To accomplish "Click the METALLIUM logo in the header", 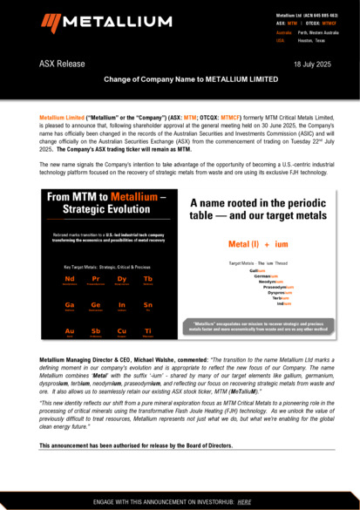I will coord(98,24).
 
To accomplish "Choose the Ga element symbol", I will coord(70,305).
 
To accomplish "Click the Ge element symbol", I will coord(96,305).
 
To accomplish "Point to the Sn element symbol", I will coord(148,305).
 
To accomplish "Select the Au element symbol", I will coord(70,331).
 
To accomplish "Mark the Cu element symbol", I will coord(122,331).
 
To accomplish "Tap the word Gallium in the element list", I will coord(256,271).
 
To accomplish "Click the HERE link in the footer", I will coord(244,502).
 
